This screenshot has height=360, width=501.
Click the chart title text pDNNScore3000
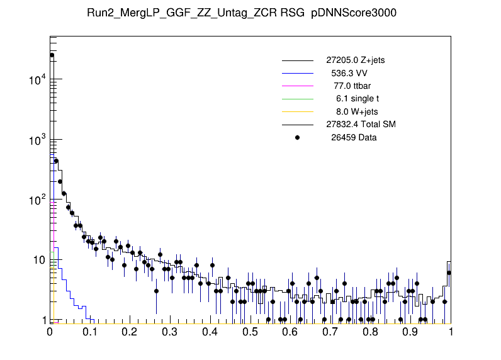(354, 14)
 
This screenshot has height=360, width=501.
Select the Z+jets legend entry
(360, 60)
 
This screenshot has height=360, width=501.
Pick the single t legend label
(357, 98)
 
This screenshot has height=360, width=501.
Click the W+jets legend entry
(357, 111)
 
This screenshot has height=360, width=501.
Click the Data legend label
(354, 137)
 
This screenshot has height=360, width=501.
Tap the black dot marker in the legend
(298, 137)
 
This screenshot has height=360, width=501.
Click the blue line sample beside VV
(298, 73)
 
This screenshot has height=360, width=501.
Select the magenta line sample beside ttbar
(298, 86)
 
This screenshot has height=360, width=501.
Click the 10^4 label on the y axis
(36, 80)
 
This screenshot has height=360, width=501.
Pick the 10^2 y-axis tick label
(36, 200)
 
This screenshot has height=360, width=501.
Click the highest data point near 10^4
(52, 55)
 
